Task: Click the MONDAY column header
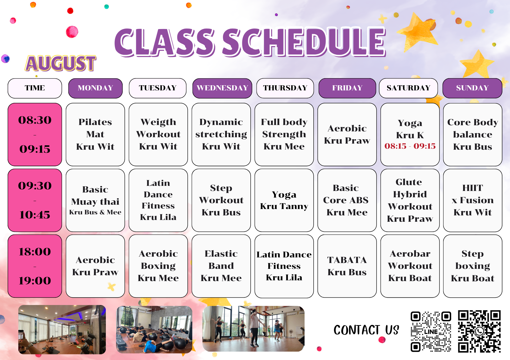pyautogui.click(x=95, y=88)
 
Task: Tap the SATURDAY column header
pyautogui.click(x=409, y=88)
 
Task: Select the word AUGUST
pyautogui.click(x=61, y=63)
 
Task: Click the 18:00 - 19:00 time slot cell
pyautogui.click(x=35, y=266)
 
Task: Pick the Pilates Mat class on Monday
pyautogui.click(x=95, y=134)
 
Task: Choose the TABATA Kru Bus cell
pyautogui.click(x=347, y=266)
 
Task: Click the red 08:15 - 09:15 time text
pyautogui.click(x=410, y=146)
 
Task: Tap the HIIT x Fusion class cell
pyautogui.click(x=473, y=200)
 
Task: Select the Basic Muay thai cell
pyautogui.click(x=95, y=200)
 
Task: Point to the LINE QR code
pyautogui.click(x=431, y=331)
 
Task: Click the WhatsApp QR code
pyautogui.click(x=479, y=331)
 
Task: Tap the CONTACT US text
pyautogui.click(x=366, y=330)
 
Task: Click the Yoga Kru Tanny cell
pyautogui.click(x=284, y=200)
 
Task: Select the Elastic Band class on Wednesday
pyautogui.click(x=221, y=266)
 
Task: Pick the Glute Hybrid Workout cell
pyautogui.click(x=410, y=200)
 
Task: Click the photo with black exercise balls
pyautogui.click(x=154, y=329)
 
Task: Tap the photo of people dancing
pyautogui.click(x=253, y=329)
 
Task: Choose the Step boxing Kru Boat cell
pyautogui.click(x=473, y=266)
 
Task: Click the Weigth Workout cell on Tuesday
pyautogui.click(x=158, y=134)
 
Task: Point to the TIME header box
pyautogui.click(x=35, y=88)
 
